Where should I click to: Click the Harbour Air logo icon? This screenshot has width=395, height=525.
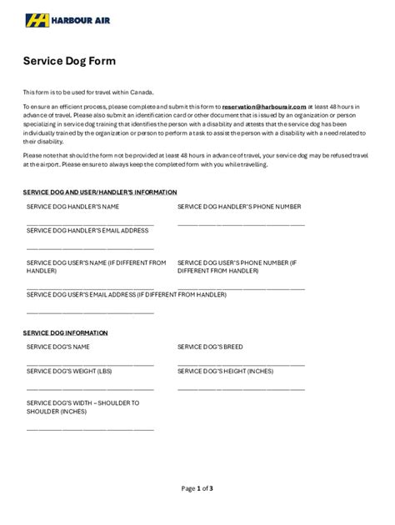point(37,20)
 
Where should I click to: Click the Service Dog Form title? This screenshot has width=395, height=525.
point(68,61)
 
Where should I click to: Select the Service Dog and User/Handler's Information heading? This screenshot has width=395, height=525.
point(99,192)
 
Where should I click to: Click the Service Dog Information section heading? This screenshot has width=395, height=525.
point(65,332)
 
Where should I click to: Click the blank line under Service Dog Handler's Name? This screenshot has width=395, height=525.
point(90,224)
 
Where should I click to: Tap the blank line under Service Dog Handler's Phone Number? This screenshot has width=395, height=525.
point(241,224)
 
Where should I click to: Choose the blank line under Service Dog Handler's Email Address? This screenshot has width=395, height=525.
point(90,248)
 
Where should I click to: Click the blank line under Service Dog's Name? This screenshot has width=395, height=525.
point(90,365)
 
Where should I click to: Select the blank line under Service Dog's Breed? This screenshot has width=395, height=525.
point(241,365)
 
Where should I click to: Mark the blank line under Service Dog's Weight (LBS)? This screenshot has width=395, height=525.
point(90,389)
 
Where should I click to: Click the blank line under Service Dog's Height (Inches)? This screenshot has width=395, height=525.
point(241,389)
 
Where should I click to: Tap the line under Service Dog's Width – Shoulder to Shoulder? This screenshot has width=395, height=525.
point(90,429)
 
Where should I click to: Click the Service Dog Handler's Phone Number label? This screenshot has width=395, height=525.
point(239,205)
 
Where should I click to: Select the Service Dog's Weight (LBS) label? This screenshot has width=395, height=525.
point(68,370)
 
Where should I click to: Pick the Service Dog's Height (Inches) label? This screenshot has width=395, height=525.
point(225,370)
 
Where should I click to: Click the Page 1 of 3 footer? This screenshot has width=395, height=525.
point(197,487)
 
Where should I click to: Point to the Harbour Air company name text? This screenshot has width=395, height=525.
point(79,20)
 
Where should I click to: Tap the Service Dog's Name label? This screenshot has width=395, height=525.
point(57,346)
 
